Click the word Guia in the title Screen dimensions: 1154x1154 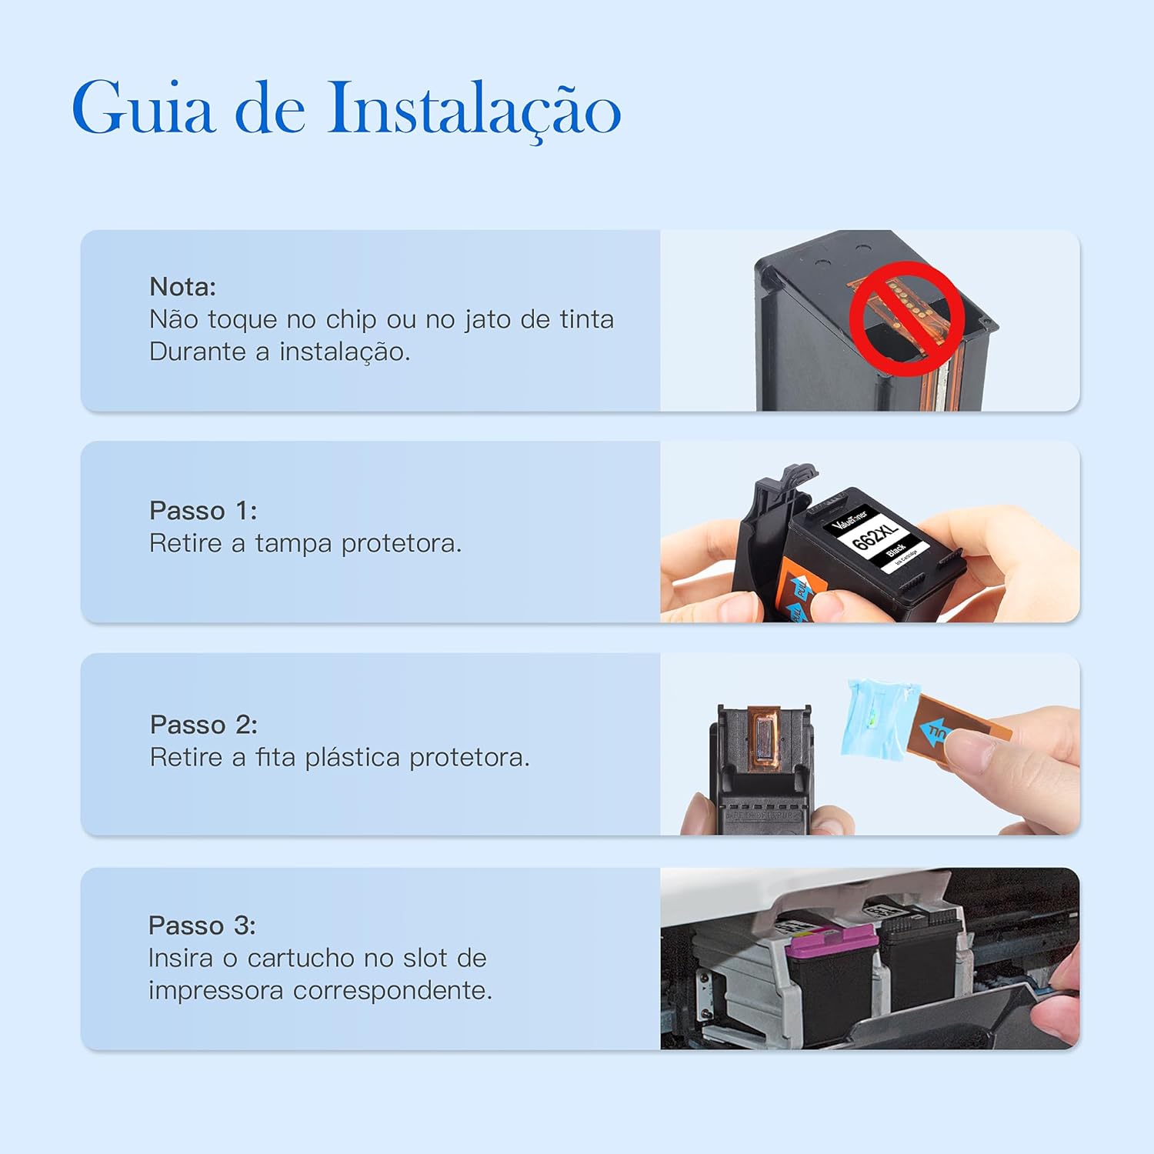click(142, 108)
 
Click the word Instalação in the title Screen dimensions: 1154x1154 click(474, 109)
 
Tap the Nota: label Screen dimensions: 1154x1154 click(182, 287)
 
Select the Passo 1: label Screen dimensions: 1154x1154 click(203, 511)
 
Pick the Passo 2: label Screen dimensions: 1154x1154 click(203, 725)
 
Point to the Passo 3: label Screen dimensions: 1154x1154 click(202, 926)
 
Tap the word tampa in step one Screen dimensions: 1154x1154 click(294, 544)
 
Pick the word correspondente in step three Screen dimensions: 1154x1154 click(392, 991)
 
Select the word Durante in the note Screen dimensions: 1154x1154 click(198, 352)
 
